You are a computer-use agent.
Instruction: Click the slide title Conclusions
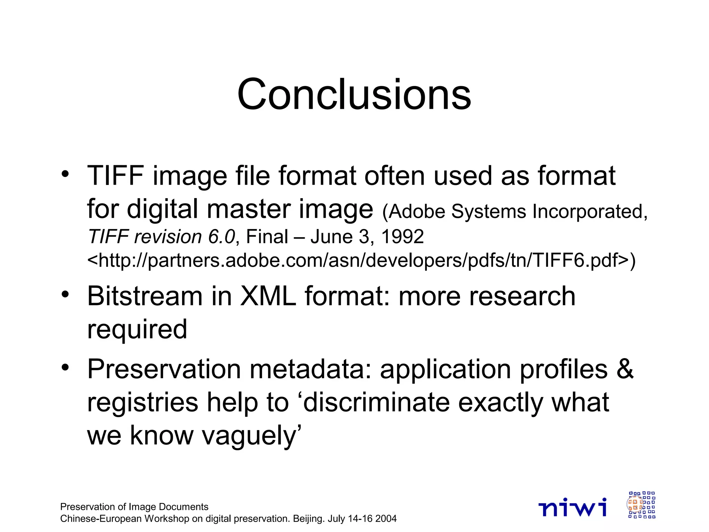pyautogui.click(x=354, y=95)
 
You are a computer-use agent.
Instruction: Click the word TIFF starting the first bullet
pyautogui.click(x=115, y=176)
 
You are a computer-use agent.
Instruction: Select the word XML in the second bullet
pyautogui.click(x=268, y=296)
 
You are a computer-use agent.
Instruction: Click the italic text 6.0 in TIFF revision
pyautogui.click(x=222, y=237)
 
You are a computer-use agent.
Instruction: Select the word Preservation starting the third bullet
pyautogui.click(x=164, y=369)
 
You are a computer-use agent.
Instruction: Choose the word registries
pyautogui.click(x=143, y=402)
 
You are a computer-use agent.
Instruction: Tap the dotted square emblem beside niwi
pyautogui.click(x=641, y=505)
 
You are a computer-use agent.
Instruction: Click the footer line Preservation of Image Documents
pyautogui.click(x=134, y=507)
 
